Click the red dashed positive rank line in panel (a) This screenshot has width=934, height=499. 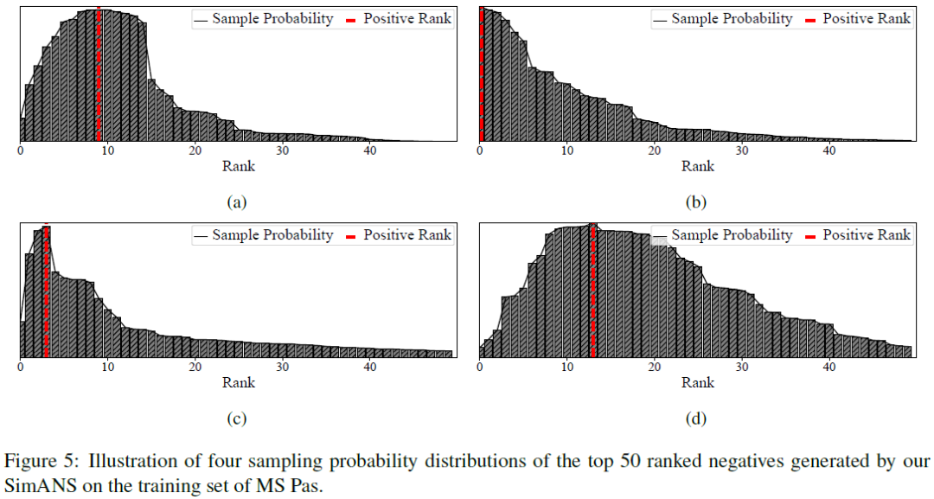(x=99, y=78)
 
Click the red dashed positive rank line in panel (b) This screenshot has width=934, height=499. (x=482, y=78)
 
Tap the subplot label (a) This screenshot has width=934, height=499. (x=236, y=202)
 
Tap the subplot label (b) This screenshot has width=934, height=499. (x=696, y=202)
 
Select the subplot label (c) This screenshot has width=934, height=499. (x=236, y=419)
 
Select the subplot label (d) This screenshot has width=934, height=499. (x=696, y=419)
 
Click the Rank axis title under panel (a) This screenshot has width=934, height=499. (x=239, y=166)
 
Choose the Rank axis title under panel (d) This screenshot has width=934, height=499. (x=698, y=382)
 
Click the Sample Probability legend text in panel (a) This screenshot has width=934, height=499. (x=272, y=19)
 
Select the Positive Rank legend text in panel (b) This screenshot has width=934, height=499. (x=867, y=19)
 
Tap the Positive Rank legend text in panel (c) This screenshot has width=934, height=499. (x=407, y=235)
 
